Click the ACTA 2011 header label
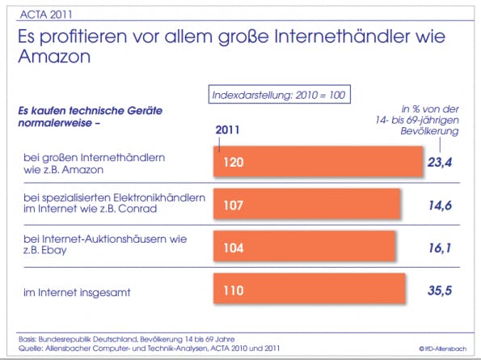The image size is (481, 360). pos(46,15)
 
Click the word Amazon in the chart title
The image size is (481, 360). pos(54,56)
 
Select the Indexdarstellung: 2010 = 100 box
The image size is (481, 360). pos(280,94)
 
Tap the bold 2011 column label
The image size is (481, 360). pos(227,129)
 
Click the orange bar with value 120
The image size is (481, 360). pos(319,162)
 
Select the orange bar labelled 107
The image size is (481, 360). pos(306,204)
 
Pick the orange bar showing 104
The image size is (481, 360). pos(304,246)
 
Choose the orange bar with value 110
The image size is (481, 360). pos(309,289)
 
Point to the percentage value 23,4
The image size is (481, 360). pos(440,162)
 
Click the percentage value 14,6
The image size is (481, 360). pos(441,205)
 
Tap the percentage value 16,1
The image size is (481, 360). pos(441,248)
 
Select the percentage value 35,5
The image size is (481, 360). pos(440,290)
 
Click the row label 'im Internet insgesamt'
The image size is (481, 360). pos(77,292)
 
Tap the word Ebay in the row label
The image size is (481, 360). pos(53,251)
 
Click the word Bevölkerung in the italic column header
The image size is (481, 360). pos(429,131)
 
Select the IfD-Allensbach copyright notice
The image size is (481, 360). pos(443,349)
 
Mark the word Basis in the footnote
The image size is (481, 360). pos(27,340)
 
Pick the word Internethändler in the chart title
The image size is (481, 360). pos(341,36)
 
